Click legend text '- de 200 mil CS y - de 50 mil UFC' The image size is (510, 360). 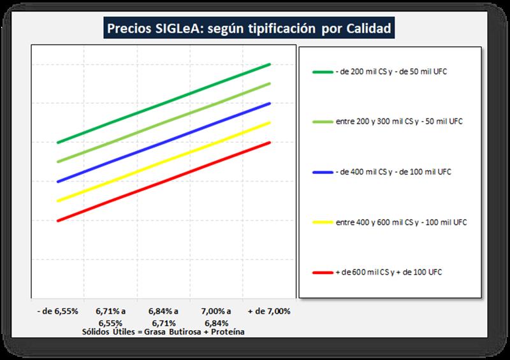[390, 71]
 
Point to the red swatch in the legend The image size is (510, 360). [322, 272]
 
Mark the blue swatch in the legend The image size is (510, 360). [322, 172]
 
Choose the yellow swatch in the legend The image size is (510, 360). [322, 222]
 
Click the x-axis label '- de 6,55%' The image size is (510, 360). [58, 311]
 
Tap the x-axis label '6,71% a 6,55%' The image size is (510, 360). [111, 317]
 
